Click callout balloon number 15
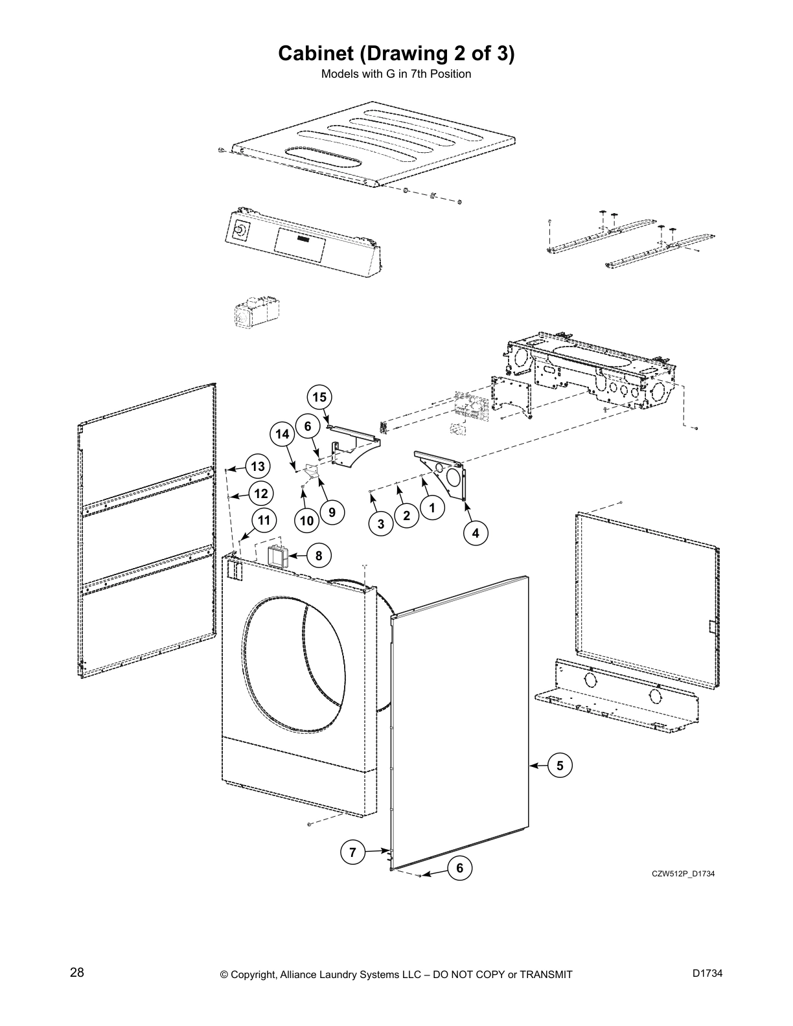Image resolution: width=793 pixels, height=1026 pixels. point(319,396)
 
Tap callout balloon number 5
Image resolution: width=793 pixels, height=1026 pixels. point(560,766)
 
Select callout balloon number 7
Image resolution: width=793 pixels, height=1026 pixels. point(352,852)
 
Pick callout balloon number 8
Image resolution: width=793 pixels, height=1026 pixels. point(319,556)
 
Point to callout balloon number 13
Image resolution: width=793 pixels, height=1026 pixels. point(258,466)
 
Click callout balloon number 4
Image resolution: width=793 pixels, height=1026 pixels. point(476,533)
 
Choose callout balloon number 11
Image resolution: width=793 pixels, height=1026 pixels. point(264,519)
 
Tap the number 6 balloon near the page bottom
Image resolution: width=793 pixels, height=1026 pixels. point(460,868)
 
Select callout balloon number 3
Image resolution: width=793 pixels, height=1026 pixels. point(382,524)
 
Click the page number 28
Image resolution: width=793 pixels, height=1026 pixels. point(77,973)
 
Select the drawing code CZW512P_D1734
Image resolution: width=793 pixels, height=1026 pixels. point(683,874)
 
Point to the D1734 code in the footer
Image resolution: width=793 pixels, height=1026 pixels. point(707,973)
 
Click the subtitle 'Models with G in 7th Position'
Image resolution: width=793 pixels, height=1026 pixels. point(396,74)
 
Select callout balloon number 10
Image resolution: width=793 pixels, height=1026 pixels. point(306,520)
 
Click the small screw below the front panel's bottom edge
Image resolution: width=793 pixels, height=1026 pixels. point(310,823)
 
